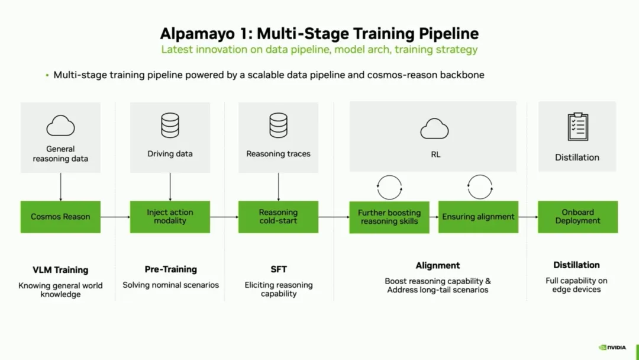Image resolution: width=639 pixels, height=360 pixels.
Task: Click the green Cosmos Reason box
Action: (60, 217)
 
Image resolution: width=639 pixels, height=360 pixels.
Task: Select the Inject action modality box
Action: (170, 217)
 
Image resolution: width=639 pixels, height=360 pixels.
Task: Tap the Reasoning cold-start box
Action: (278, 217)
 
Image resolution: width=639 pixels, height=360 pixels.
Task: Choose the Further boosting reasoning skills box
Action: (389, 217)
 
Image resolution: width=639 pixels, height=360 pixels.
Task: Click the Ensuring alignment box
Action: (479, 217)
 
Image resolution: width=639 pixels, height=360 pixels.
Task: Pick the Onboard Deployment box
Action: (578, 217)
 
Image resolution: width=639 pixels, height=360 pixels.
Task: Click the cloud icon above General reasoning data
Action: (60, 126)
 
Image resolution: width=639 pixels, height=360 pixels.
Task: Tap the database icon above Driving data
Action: (170, 125)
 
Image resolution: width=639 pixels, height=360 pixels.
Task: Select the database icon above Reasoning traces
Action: (278, 125)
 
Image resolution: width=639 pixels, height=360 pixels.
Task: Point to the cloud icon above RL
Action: (434, 129)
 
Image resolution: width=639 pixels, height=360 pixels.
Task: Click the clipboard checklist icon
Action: (578, 127)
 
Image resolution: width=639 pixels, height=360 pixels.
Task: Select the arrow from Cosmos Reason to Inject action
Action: (115, 217)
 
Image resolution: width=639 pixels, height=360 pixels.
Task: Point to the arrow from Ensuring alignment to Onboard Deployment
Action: (528, 217)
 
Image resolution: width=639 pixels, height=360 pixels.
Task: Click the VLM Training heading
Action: (60, 270)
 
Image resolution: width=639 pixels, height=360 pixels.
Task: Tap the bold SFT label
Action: (279, 269)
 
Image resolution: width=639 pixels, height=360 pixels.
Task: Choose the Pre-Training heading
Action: (171, 269)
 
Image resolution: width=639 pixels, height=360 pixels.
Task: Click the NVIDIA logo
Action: (612, 348)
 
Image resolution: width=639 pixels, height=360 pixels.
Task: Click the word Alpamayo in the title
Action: (197, 34)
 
